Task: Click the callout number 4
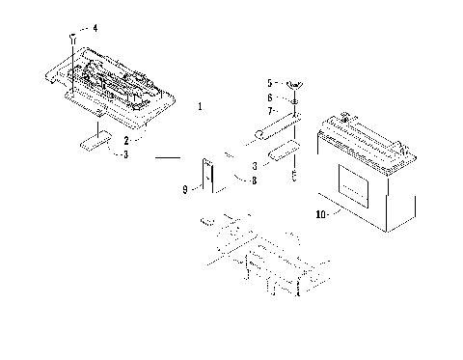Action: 95,28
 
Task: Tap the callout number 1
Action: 199,105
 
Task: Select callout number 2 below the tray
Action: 125,140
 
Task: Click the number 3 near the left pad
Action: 125,154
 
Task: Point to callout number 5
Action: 270,83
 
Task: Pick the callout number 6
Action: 270,97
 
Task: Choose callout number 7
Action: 270,111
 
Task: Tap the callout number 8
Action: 254,180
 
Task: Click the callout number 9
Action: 185,190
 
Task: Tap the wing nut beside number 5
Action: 293,85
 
